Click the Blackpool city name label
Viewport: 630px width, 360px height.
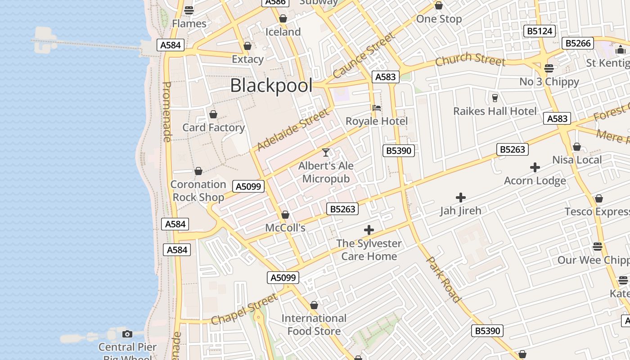point(271,85)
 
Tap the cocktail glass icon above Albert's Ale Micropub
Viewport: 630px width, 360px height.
point(326,153)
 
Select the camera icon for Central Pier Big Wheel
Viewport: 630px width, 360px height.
point(127,334)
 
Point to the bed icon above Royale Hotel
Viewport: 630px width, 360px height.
point(377,108)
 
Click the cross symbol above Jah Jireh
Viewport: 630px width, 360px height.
point(460,197)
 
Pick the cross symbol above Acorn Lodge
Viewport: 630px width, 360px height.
point(535,168)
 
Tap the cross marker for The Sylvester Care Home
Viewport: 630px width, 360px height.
point(369,230)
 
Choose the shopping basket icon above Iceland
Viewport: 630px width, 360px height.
point(283,18)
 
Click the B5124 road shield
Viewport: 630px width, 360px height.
point(540,31)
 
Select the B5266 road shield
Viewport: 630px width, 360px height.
point(578,43)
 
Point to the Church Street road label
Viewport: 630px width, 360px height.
point(470,59)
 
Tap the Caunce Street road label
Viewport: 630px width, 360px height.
point(363,56)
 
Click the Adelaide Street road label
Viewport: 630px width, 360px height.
point(292,130)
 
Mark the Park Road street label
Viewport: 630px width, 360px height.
point(444,279)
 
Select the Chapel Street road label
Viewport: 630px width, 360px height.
point(245,309)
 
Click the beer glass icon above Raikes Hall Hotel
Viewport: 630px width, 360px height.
point(495,98)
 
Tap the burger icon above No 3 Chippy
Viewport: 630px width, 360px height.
point(549,68)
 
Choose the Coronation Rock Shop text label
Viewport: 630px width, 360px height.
point(198,191)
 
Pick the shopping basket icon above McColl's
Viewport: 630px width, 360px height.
point(285,215)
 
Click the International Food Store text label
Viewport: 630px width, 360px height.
point(314,325)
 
